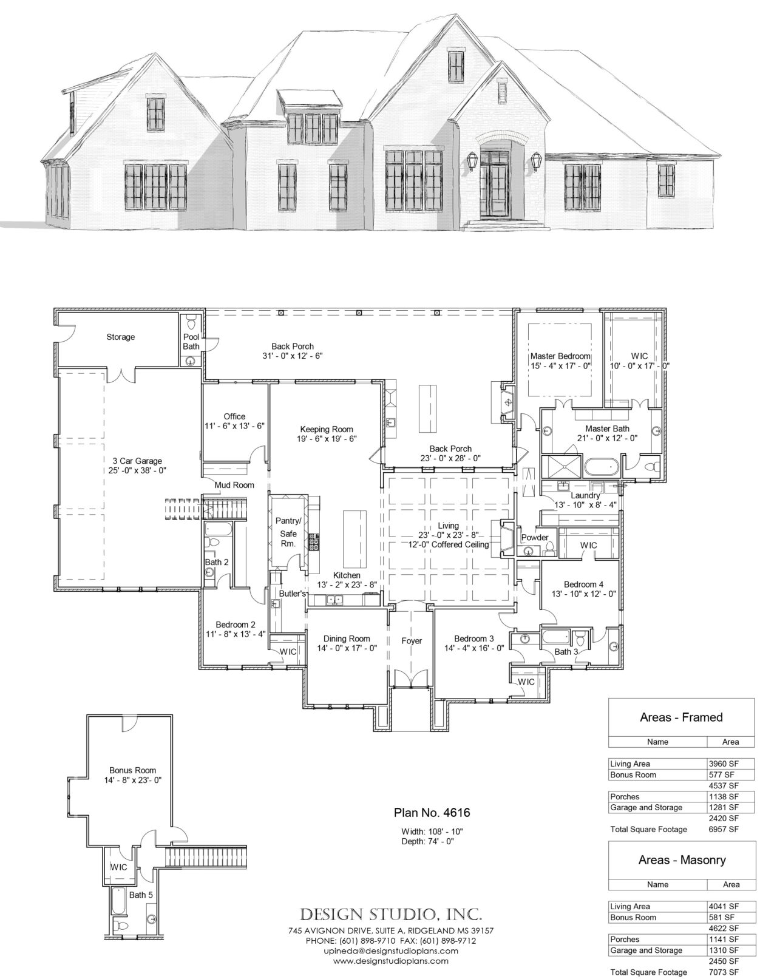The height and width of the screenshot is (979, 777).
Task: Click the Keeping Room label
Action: (326, 429)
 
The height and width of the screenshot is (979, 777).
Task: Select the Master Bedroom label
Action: (560, 356)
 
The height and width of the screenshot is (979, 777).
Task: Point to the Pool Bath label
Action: (191, 342)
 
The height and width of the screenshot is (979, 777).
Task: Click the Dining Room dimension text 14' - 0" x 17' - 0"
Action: (346, 648)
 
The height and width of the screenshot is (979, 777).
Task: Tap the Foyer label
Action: (411, 640)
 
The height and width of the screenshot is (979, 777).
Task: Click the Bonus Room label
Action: (132, 770)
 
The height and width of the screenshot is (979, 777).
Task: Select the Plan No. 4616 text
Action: (432, 812)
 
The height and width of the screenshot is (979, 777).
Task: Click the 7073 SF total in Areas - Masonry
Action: (724, 972)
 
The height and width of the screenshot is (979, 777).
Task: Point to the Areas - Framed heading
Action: (681, 717)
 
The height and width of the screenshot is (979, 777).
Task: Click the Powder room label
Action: (535, 537)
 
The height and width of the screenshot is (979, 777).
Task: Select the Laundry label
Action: (585, 495)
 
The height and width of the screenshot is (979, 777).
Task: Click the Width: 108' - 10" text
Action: (432, 831)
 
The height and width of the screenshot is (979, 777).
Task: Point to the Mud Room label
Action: (234, 485)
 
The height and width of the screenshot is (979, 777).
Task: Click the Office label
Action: (234, 416)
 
